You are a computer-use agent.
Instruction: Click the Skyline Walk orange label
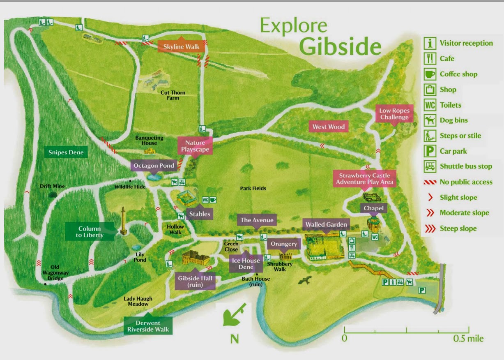click(181, 47)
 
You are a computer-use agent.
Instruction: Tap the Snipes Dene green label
click(66, 152)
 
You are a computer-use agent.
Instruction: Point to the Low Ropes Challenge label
click(394, 114)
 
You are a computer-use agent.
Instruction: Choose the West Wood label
click(328, 127)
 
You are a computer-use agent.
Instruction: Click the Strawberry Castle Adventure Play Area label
click(364, 179)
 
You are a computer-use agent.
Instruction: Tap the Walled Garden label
click(326, 225)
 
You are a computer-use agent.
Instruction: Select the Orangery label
click(283, 244)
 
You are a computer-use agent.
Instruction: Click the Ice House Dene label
click(246, 263)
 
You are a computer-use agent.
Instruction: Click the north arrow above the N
click(235, 315)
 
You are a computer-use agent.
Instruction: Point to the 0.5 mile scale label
click(468, 339)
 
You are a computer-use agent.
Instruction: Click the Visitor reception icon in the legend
click(430, 43)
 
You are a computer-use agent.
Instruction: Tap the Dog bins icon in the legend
click(430, 120)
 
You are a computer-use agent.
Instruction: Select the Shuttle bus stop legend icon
click(430, 166)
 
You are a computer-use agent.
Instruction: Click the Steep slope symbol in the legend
click(430, 228)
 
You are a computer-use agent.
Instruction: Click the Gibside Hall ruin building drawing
click(196, 258)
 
